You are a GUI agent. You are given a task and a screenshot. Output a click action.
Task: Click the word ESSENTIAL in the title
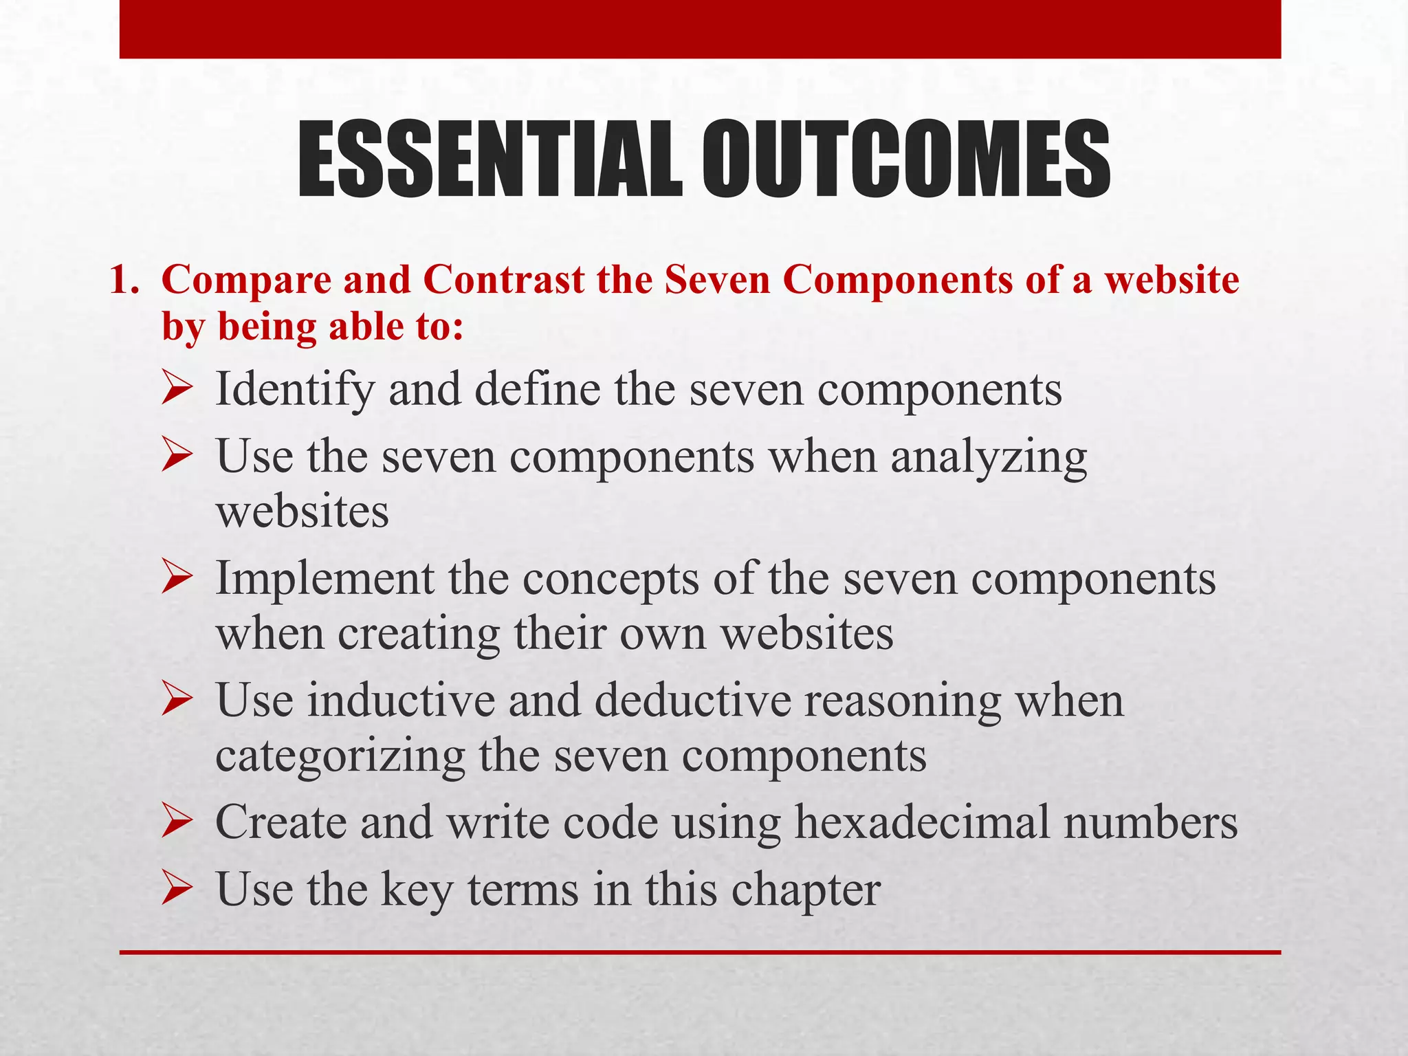[x=489, y=159]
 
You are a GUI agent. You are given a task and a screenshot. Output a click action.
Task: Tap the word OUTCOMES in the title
[x=906, y=159]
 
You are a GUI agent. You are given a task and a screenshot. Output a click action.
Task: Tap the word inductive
[x=401, y=701]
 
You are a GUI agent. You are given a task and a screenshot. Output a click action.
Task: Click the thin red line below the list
[x=700, y=952]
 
